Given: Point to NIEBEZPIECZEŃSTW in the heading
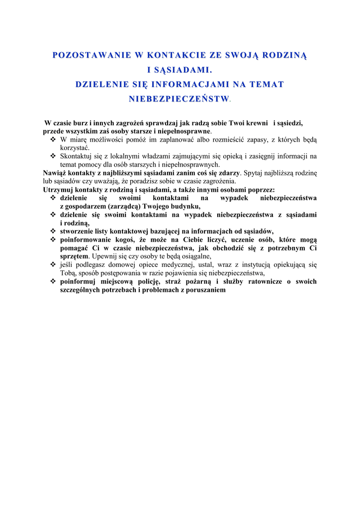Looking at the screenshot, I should pyautogui.click(x=179, y=99).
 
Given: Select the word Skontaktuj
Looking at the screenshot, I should pyautogui.click(x=76, y=156).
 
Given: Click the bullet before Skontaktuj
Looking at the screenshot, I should pyautogui.click(x=53, y=156).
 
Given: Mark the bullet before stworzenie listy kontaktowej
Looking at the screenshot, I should pyautogui.click(x=53, y=231).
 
